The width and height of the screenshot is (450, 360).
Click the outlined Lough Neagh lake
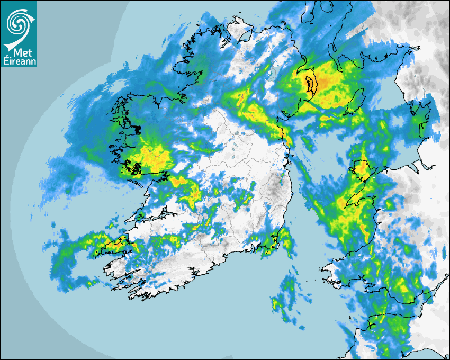pos(310,83)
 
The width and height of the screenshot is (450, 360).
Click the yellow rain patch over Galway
pos(154,157)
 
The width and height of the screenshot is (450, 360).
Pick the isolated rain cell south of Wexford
pos(283,302)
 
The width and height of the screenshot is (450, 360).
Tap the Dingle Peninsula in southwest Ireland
pos(114,245)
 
